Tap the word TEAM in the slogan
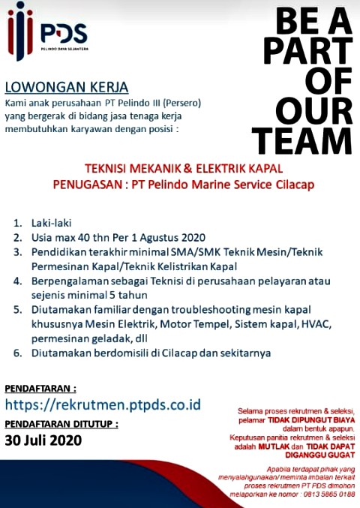point(301,140)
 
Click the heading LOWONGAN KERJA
point(67,86)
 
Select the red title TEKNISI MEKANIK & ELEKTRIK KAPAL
point(179,169)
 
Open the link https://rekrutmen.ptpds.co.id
point(103,404)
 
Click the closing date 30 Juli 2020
point(46,440)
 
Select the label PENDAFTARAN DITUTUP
point(61,424)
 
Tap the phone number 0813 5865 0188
point(327,494)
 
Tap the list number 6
point(16,352)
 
